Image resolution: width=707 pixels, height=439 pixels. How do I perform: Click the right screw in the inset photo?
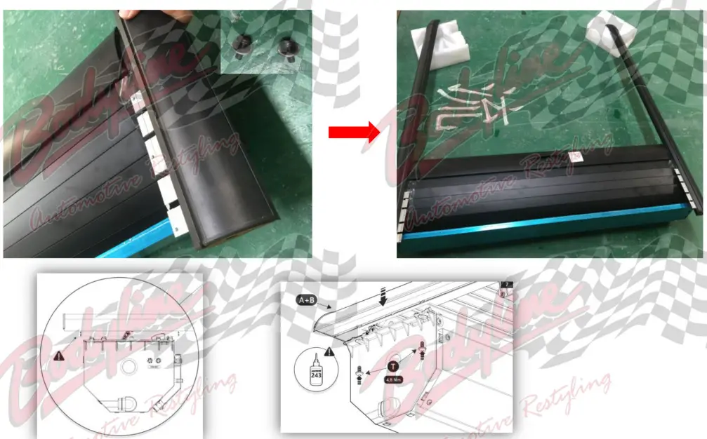pyautogui.click(x=286, y=48)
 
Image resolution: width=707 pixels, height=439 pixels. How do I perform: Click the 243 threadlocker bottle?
pyautogui.click(x=316, y=370)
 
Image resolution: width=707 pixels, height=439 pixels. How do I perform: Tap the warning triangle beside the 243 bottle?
pyautogui.click(x=330, y=351)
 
